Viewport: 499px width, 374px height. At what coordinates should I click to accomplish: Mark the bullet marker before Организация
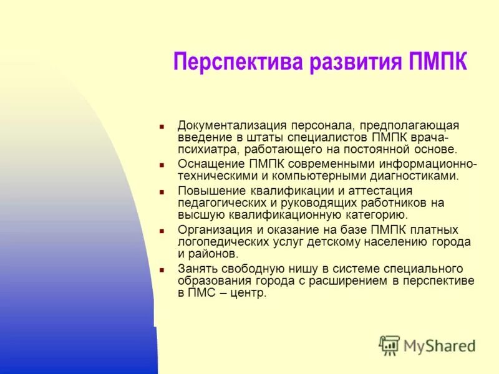(161, 231)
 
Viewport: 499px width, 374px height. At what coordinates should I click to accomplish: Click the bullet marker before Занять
(161, 270)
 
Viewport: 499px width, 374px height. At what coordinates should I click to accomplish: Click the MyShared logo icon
(389, 345)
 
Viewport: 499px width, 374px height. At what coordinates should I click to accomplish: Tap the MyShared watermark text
(439, 346)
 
